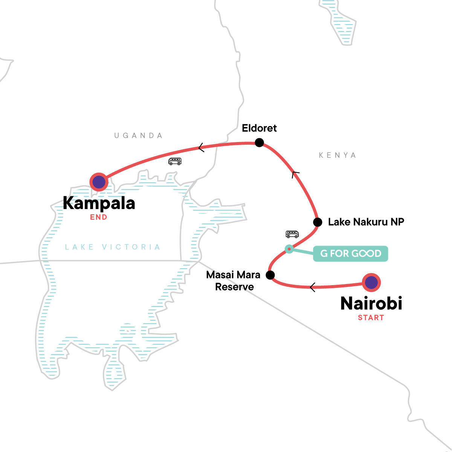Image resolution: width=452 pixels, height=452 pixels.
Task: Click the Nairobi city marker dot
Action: (x=371, y=282)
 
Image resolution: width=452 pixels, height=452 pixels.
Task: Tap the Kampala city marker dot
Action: (x=99, y=182)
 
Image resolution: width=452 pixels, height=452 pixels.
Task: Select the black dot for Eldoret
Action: (x=259, y=143)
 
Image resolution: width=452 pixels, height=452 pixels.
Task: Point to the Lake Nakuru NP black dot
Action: (x=318, y=222)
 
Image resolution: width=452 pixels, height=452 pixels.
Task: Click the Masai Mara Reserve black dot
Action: (x=270, y=275)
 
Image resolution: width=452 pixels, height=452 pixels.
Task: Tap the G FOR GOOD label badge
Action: (x=351, y=253)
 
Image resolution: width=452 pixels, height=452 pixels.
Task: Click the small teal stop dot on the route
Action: (x=289, y=249)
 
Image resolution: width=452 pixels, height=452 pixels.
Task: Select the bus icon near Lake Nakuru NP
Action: (x=292, y=234)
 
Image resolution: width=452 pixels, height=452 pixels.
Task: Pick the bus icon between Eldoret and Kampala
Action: (x=175, y=161)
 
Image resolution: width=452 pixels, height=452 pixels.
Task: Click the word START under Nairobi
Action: (x=371, y=318)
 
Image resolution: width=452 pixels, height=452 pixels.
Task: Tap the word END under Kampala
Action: (x=99, y=217)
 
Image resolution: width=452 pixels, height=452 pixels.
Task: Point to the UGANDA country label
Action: (x=139, y=136)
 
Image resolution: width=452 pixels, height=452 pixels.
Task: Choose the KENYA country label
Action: (x=337, y=155)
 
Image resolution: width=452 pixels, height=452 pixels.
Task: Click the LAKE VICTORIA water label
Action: (x=113, y=247)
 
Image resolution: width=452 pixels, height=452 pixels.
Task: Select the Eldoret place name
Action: (x=259, y=128)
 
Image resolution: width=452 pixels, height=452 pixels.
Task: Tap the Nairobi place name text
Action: (x=371, y=303)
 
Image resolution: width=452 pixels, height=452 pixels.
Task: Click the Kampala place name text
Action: (x=99, y=203)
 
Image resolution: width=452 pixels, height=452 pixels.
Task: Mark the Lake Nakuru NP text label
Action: (x=366, y=222)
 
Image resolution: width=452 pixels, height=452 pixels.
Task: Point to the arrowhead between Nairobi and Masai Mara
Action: (x=313, y=288)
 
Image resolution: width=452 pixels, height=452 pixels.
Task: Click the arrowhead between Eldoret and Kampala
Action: (x=202, y=147)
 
